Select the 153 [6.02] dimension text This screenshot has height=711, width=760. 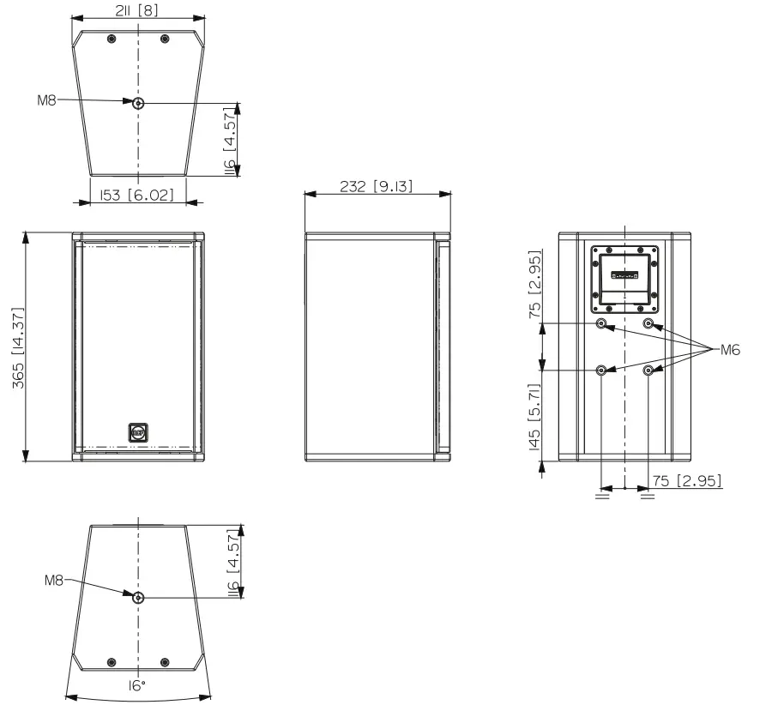coord(138,196)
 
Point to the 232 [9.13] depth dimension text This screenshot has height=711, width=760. coord(377,186)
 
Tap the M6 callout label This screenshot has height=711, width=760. coord(728,349)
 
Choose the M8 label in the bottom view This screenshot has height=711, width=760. coord(56,581)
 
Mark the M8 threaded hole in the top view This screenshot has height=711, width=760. coord(138,103)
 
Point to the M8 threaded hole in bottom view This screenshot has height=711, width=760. coord(138,597)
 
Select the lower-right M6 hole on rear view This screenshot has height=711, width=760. coord(648,371)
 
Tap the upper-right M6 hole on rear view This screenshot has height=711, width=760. coord(648,324)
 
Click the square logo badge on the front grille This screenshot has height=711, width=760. coord(138,432)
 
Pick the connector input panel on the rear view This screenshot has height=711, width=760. coord(625,277)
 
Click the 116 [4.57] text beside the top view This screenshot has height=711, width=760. coord(230,139)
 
